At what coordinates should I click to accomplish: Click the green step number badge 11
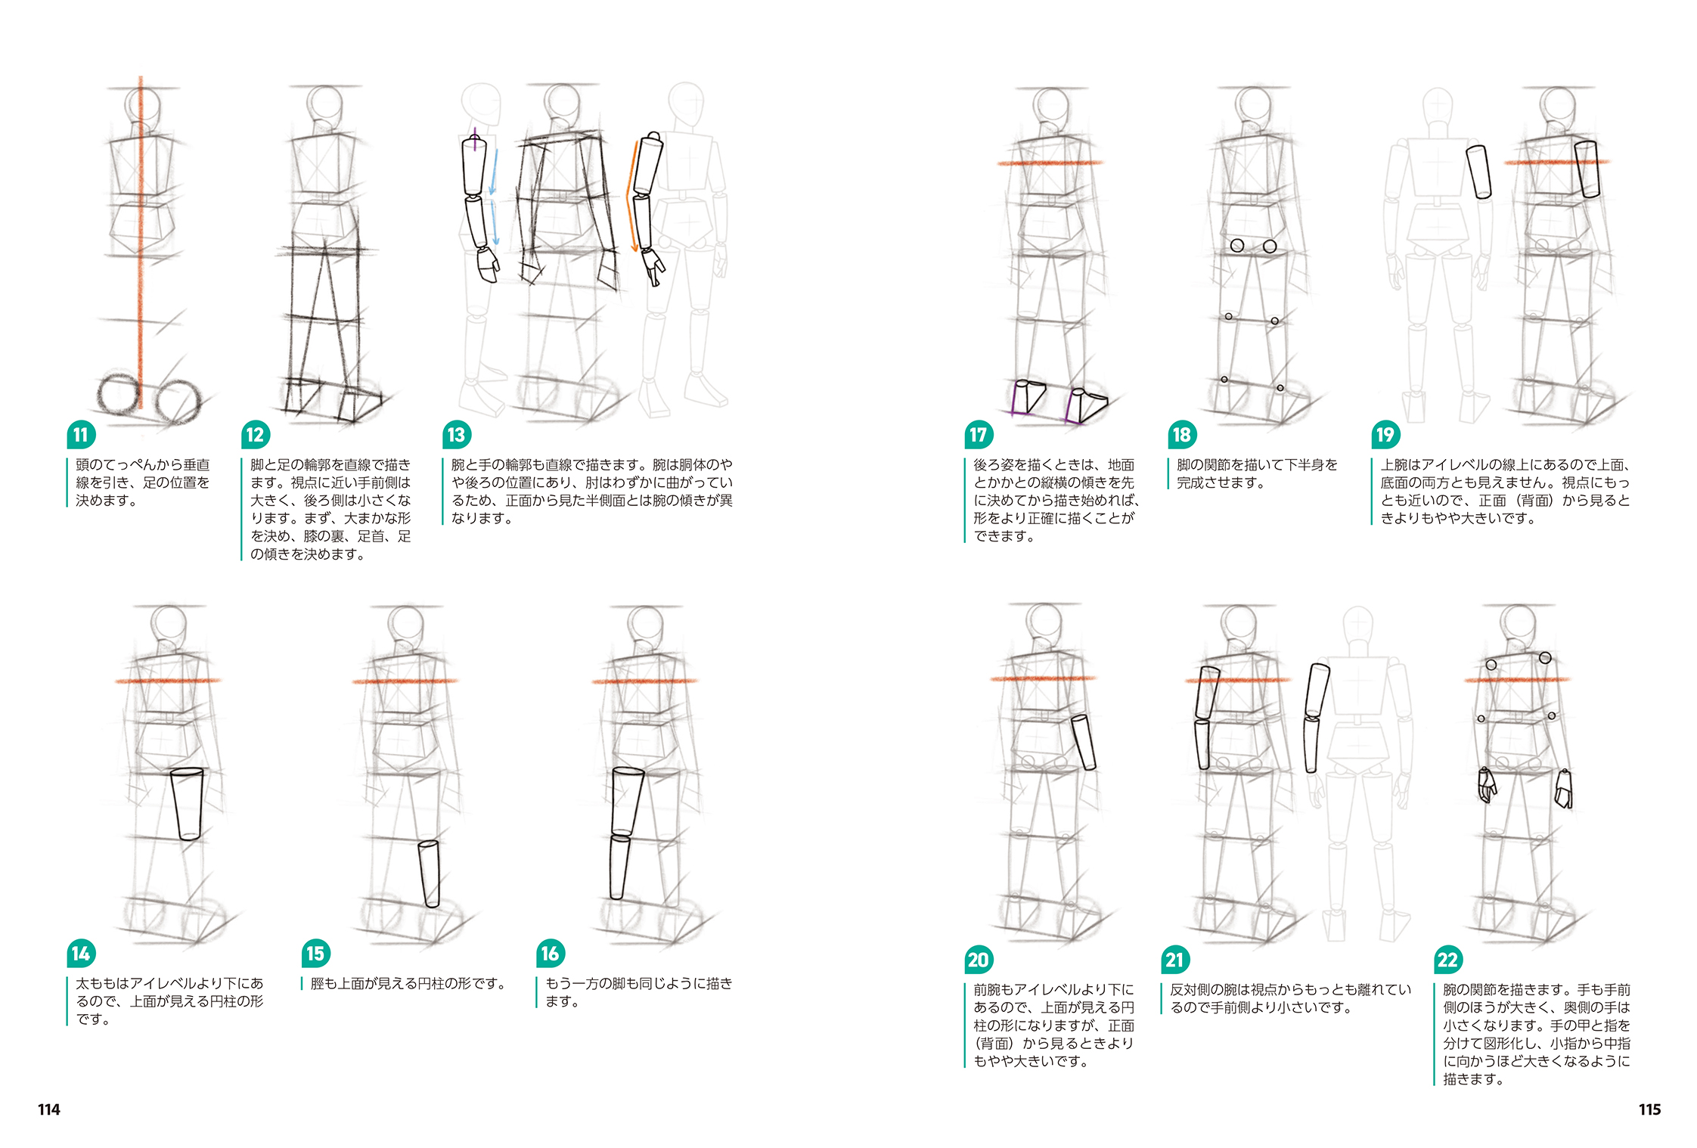[x=81, y=435]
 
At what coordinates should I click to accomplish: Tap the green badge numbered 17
[x=978, y=435]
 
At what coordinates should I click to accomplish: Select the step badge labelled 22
[x=1447, y=960]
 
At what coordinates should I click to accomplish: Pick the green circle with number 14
[x=81, y=954]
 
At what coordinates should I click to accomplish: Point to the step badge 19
[x=1385, y=435]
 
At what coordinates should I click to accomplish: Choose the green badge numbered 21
[x=1174, y=960]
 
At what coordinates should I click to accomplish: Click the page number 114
[x=49, y=1109]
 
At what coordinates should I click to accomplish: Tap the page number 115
[x=1649, y=1109]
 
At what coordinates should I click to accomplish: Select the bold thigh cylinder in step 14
[x=187, y=803]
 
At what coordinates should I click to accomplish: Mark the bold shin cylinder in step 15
[x=429, y=873]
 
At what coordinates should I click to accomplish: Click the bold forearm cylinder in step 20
[x=1084, y=742]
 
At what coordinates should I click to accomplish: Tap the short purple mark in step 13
[x=475, y=139]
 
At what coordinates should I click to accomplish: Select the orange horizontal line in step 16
[x=644, y=681]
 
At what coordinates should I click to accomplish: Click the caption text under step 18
[x=1256, y=473]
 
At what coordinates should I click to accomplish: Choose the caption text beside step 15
[x=407, y=983]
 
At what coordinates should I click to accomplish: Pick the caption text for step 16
[x=638, y=991]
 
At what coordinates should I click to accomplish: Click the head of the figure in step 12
[x=325, y=104]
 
